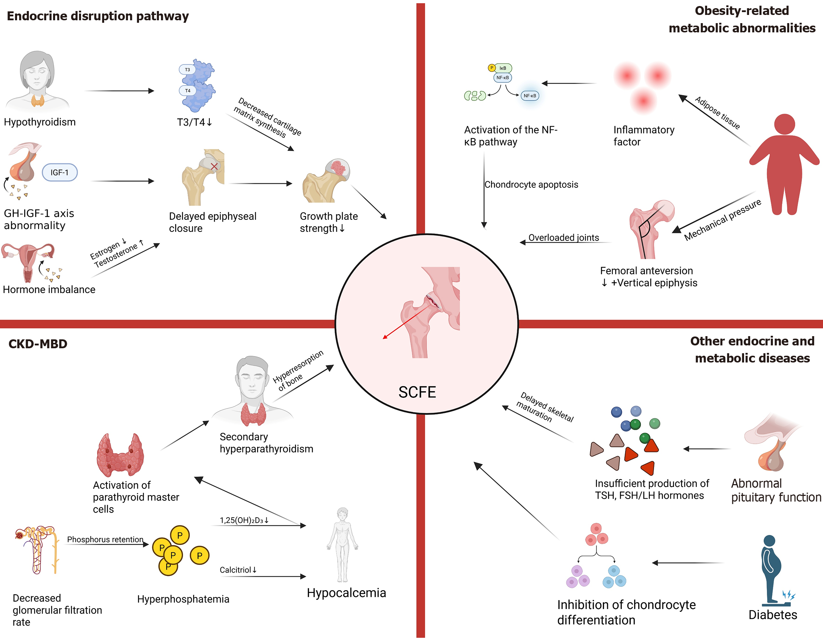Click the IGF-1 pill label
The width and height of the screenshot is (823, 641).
click(x=59, y=172)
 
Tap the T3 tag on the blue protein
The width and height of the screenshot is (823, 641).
click(x=187, y=70)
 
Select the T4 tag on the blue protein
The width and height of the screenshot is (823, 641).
click(x=187, y=90)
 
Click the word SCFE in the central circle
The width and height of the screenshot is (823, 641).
click(x=417, y=392)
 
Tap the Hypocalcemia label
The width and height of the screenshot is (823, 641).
click(x=346, y=593)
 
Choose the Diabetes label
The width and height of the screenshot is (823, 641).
click(x=773, y=615)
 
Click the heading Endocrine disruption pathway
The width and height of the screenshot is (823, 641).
click(x=98, y=16)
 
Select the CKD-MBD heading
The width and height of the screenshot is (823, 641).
click(x=38, y=344)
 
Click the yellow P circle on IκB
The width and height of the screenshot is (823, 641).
click(x=491, y=68)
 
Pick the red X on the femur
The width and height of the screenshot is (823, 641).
click(x=214, y=166)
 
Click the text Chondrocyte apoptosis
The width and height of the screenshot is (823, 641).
click(x=531, y=184)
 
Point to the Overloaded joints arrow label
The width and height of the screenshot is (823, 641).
click(x=563, y=238)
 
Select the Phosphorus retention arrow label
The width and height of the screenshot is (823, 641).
click(x=105, y=540)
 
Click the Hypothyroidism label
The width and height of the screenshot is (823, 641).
click(x=39, y=122)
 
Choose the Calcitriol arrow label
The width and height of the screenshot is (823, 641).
click(x=238, y=570)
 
